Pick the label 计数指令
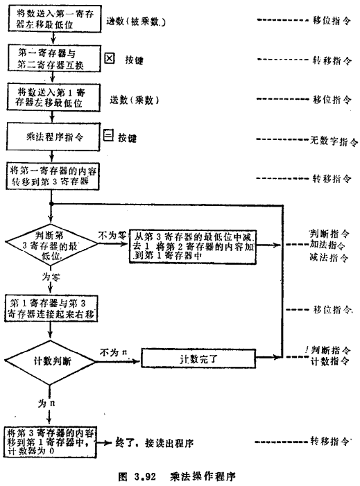pyautogui.click(x=328, y=362)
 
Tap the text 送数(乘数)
pyautogui.click(x=135, y=100)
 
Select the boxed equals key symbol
pyautogui.click(x=108, y=137)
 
